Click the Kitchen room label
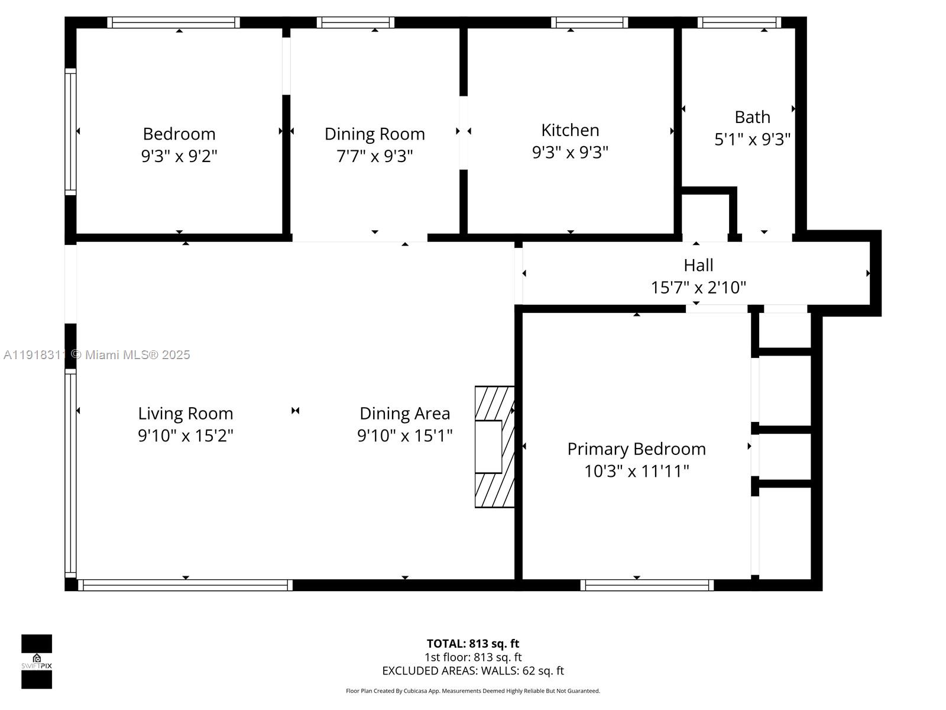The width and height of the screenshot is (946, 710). click(x=570, y=130)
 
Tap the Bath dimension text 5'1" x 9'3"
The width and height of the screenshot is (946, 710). click(x=752, y=140)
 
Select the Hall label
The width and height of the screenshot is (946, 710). click(x=698, y=265)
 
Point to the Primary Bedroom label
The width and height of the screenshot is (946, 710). click(x=636, y=449)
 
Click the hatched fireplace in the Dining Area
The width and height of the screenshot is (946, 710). click(x=494, y=447)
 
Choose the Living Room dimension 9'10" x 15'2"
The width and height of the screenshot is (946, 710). click(x=186, y=436)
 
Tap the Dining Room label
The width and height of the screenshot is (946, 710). click(x=374, y=134)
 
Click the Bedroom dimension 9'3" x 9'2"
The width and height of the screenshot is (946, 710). click(x=179, y=156)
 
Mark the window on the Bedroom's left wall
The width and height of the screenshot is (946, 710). click(x=70, y=131)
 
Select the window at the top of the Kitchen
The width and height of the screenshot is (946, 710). click(x=589, y=22)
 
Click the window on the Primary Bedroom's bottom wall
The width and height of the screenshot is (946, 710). click(x=647, y=585)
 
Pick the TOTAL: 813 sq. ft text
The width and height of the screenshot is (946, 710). click(x=473, y=644)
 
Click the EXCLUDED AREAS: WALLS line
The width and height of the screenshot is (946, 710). click(x=473, y=671)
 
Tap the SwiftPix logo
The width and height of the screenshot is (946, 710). click(x=37, y=661)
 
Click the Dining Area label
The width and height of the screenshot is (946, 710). click(x=404, y=414)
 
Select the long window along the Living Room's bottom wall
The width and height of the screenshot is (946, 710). click(x=185, y=585)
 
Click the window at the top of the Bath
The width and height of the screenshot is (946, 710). click(x=739, y=22)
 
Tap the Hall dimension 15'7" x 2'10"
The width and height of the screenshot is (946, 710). click(x=698, y=288)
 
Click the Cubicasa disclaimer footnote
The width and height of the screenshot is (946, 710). click(x=473, y=691)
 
